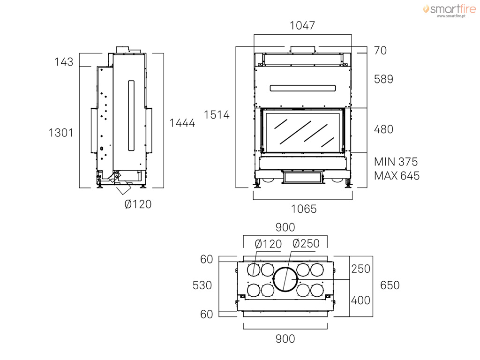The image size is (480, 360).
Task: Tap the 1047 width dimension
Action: (x=302, y=26)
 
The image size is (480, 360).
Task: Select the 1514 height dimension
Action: (x=217, y=114)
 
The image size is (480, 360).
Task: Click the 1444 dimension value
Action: (x=182, y=123)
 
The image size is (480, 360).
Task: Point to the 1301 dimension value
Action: (x=61, y=133)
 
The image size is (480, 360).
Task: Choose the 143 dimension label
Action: (x=64, y=62)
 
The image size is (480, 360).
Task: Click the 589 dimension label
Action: (x=383, y=79)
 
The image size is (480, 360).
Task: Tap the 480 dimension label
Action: (x=383, y=129)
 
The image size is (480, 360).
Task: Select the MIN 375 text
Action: (x=396, y=162)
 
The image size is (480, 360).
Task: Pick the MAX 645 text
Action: (x=397, y=176)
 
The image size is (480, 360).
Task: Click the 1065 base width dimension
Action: (x=304, y=209)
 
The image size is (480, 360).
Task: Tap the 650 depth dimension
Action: (x=390, y=285)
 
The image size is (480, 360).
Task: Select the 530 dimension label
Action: (x=202, y=285)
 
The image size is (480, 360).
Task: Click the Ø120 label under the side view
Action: (x=138, y=205)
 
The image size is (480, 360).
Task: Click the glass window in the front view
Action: (x=303, y=132)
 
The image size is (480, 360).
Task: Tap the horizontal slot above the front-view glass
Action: (x=303, y=88)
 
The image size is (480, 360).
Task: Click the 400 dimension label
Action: (x=360, y=300)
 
